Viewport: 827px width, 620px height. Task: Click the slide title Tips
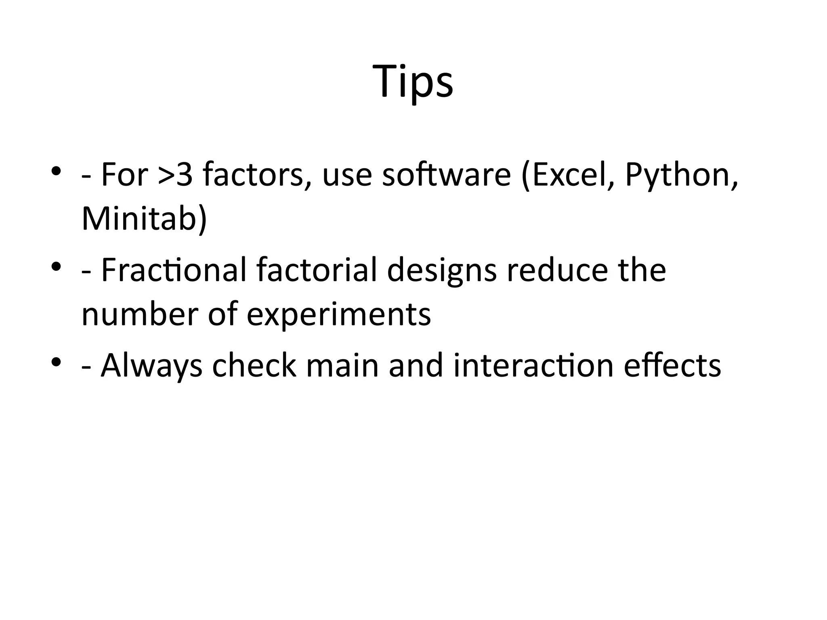coord(413,82)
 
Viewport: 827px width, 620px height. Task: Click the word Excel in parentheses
coord(570,175)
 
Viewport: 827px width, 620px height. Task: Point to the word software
coord(447,175)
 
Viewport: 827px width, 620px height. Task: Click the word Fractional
coord(174,270)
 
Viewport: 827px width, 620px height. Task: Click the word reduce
coord(557,270)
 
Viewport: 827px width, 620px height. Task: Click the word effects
coord(672,365)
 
